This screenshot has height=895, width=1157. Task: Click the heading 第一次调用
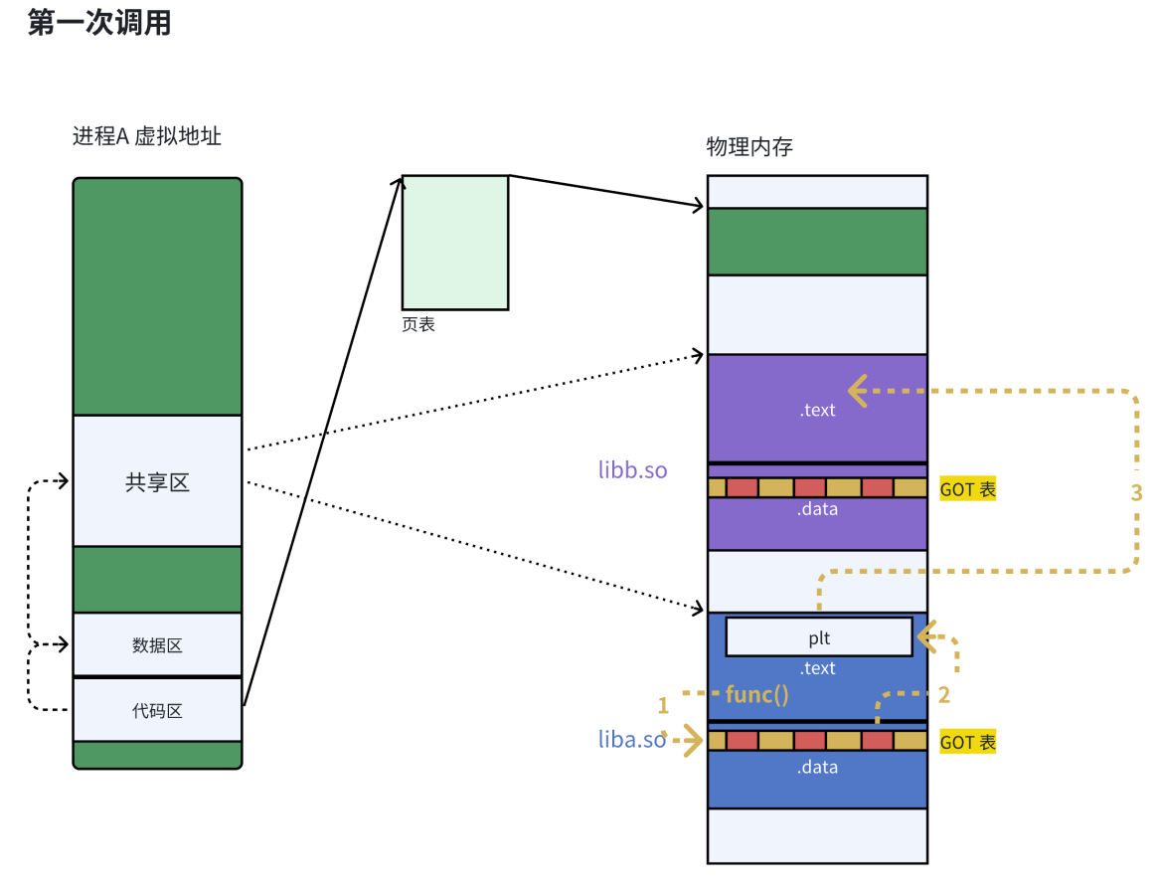[x=99, y=23]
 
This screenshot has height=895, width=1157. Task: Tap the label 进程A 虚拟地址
[x=146, y=136]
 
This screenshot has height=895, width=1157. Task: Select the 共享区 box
[x=157, y=482]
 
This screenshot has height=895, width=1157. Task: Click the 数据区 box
[x=157, y=645]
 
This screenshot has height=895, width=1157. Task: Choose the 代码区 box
[x=157, y=711]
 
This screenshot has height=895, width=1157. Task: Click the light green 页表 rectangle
[x=455, y=243]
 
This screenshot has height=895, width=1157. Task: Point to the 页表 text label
[x=418, y=324]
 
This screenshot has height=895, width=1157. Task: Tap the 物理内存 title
[x=749, y=147]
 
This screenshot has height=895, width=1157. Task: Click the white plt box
[x=819, y=637]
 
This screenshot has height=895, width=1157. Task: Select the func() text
[x=757, y=694]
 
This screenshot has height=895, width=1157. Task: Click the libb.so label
[x=633, y=469]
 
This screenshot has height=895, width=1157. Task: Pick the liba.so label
[x=632, y=739]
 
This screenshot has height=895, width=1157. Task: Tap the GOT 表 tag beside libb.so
[x=967, y=489]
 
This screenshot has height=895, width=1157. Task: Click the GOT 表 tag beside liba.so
[x=967, y=742]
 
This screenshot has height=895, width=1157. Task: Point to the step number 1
[x=663, y=706]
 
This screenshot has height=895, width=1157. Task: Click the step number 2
[x=944, y=694]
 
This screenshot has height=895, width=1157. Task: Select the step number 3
[x=1136, y=492]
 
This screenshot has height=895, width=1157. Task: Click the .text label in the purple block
[x=817, y=410]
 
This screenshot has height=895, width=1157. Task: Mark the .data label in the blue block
[x=817, y=767]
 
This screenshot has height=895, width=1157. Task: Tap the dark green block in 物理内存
[x=817, y=241]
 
